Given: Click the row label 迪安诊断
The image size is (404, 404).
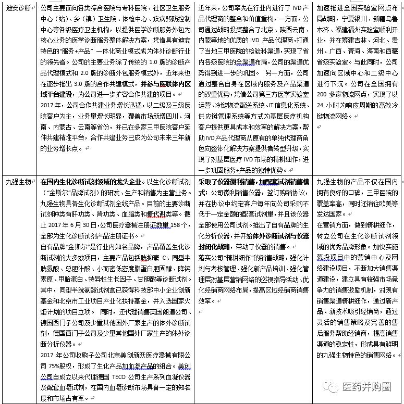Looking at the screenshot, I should pyautogui.click(x=18, y=8).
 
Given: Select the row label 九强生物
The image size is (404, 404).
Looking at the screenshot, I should pyautogui.click(x=18, y=182).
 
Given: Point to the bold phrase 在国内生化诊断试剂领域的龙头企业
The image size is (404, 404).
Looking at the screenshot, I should pyautogui.click(x=92, y=182).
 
